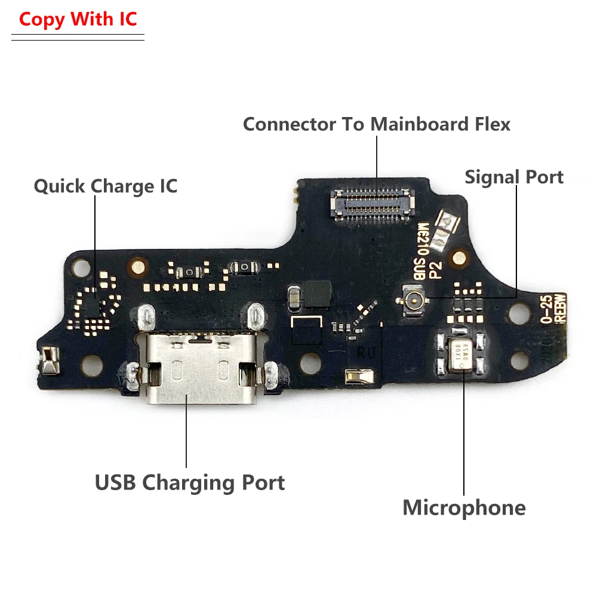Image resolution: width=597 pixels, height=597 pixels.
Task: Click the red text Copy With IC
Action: tap(78, 19)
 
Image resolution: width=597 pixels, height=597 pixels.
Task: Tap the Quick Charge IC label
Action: tap(105, 186)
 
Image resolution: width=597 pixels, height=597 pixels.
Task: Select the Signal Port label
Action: tap(514, 177)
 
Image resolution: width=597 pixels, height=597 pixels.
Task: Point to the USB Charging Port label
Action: tap(190, 482)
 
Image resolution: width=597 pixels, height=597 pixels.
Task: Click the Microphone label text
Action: tap(464, 508)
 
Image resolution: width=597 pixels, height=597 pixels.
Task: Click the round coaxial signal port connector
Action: tap(411, 297)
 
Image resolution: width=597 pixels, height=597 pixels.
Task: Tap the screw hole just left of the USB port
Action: tap(90, 361)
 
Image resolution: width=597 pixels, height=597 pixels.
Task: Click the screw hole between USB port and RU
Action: tap(309, 361)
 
